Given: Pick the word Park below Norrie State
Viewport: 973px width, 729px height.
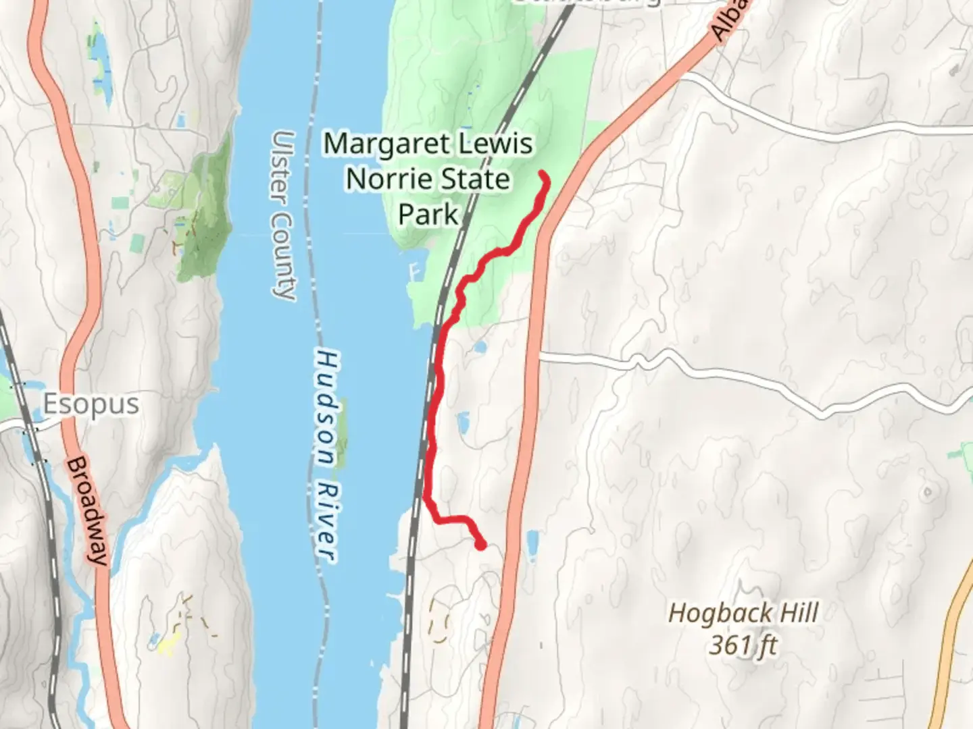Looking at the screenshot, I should tap(428, 215).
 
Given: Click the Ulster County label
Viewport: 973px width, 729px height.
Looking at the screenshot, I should tap(282, 215).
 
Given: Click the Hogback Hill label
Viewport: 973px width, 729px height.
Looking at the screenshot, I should tap(743, 614).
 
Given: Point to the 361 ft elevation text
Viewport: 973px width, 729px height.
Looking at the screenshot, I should tap(743, 645).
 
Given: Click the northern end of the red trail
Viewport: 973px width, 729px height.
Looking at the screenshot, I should tap(544, 176).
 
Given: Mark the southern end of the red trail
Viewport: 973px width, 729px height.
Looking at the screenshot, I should tap(481, 545).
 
